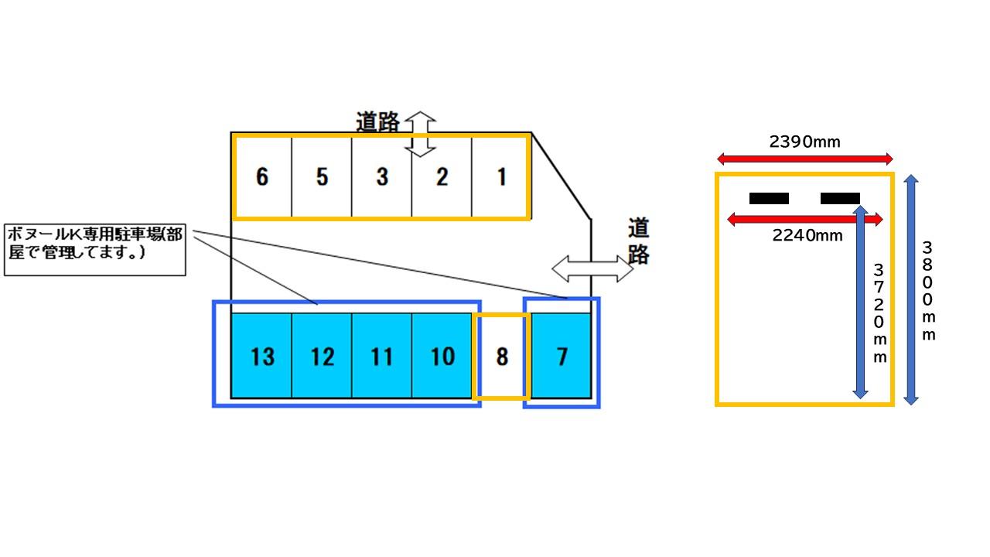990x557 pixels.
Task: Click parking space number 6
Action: tap(262, 177)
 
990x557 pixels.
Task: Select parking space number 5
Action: tap(322, 177)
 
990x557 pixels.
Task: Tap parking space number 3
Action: tap(382, 177)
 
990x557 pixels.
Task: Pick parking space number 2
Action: tap(442, 177)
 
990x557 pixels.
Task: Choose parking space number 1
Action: tap(501, 177)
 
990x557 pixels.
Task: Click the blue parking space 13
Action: tap(262, 357)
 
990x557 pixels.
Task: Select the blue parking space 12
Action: tap(322, 357)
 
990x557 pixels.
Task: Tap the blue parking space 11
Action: tap(382, 357)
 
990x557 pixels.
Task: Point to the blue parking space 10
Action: tap(442, 357)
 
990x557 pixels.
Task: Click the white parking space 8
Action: tap(502, 357)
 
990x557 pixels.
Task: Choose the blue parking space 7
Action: tap(562, 357)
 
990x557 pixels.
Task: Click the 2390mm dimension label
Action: tap(804, 142)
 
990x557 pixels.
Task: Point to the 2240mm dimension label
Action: tap(807, 236)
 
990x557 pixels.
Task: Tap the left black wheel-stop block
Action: tap(769, 199)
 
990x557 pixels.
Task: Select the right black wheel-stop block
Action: tap(840, 199)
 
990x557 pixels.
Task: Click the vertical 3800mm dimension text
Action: tap(928, 291)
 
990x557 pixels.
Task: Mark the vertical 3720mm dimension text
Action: tap(879, 313)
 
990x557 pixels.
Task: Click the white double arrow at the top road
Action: tap(420, 134)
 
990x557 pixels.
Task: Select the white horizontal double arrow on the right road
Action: tap(592, 268)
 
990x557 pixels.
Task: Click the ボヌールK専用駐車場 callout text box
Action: tap(95, 250)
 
